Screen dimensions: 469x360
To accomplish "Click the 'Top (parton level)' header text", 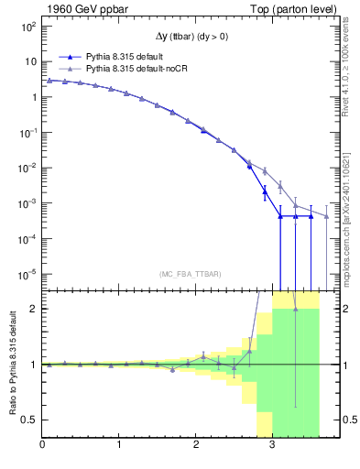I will click(x=291, y=9).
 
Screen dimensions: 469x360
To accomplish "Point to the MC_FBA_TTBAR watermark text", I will click(x=189, y=274).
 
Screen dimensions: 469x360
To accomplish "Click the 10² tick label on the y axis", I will click(x=28, y=27).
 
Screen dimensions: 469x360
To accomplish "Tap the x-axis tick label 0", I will click(x=42, y=446).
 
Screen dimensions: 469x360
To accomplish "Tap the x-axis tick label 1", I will click(x=119, y=446).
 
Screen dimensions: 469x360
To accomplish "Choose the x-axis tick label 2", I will click(x=196, y=446).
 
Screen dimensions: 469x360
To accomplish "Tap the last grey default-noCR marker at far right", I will click(x=326, y=217).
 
